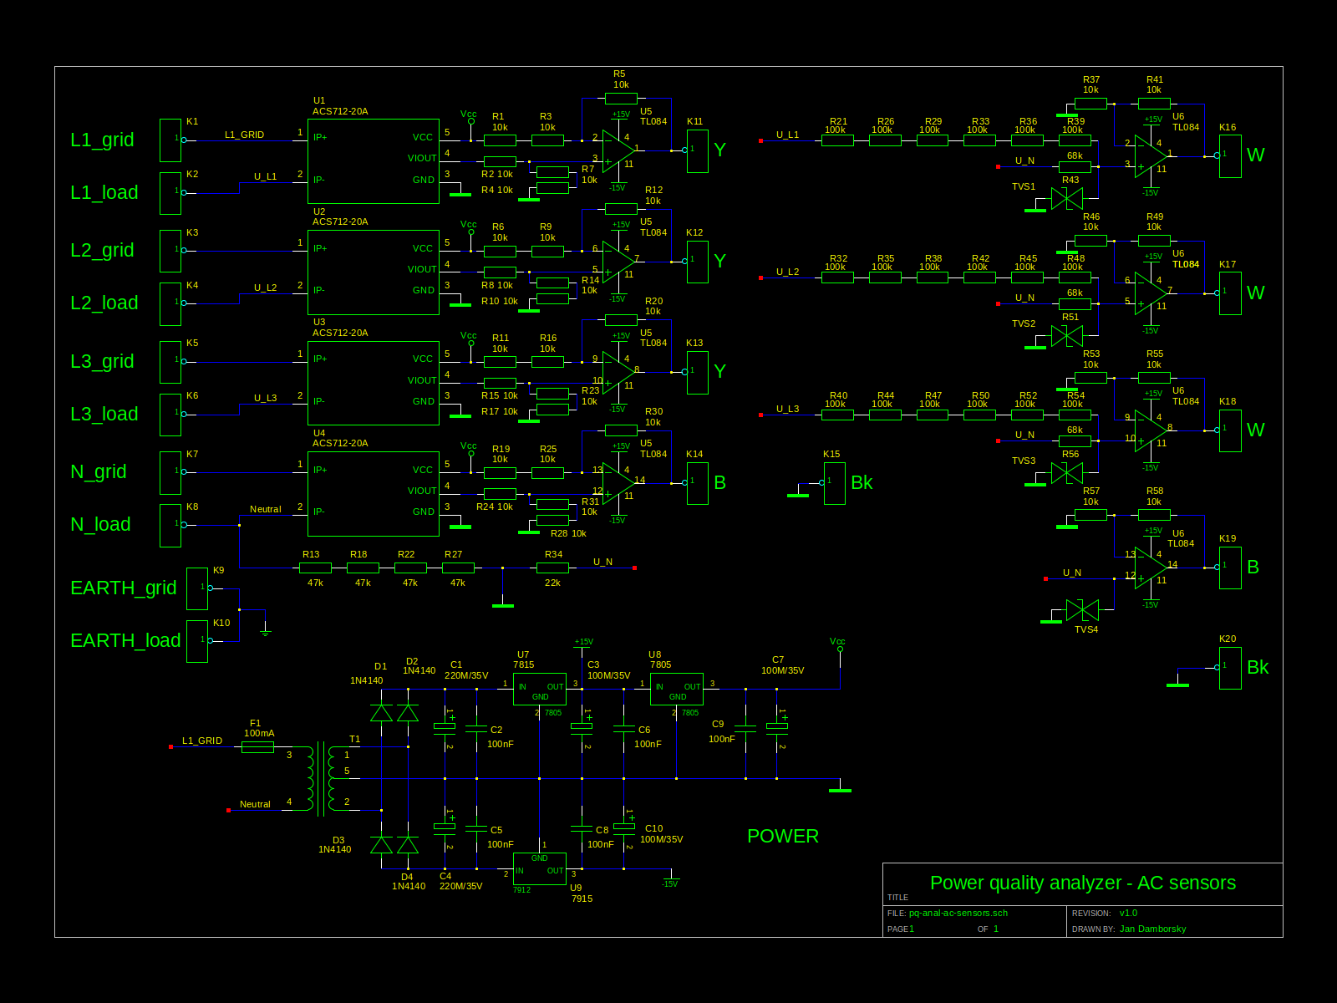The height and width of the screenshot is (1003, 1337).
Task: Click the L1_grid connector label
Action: [x=102, y=140]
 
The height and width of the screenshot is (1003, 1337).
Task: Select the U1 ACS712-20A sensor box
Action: [x=373, y=161]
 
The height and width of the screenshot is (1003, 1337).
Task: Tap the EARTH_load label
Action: [x=125, y=640]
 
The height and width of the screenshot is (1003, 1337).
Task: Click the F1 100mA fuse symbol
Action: [x=257, y=747]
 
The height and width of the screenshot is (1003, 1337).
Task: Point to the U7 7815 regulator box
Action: [x=539, y=690]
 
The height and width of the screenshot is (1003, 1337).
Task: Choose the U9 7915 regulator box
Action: [x=539, y=868]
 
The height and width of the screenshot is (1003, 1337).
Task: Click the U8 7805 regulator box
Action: [x=676, y=690]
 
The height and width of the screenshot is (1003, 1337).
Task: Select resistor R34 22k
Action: [x=552, y=568]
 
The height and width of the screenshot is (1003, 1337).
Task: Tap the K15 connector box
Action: [x=834, y=483]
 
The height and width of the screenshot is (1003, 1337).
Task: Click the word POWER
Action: [x=782, y=836]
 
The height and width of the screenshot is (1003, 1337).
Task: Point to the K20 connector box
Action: [x=1229, y=668]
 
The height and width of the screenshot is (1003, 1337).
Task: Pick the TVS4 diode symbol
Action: [x=1082, y=610]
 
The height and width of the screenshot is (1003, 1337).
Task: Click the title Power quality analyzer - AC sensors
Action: [x=1082, y=883]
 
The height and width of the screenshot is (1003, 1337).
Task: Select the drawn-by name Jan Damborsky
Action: [x=1152, y=929]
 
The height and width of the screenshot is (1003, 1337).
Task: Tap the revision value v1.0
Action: [x=1128, y=913]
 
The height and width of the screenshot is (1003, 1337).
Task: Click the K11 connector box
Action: [x=697, y=151]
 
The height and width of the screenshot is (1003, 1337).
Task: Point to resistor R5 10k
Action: [x=621, y=99]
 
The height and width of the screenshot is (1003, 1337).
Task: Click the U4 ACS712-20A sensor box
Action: [x=373, y=494]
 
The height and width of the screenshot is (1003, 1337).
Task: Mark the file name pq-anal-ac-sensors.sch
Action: [x=958, y=913]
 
